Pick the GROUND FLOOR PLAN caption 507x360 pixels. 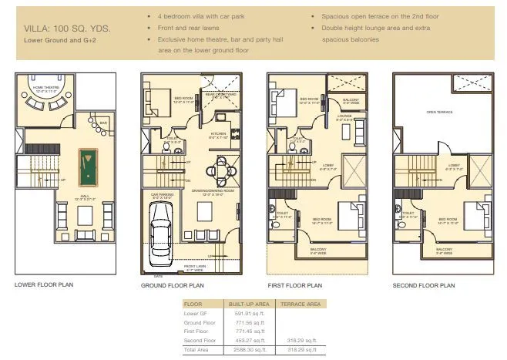(x=173, y=285)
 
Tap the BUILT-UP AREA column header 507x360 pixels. (x=248, y=304)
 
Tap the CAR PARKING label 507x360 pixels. (x=161, y=197)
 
